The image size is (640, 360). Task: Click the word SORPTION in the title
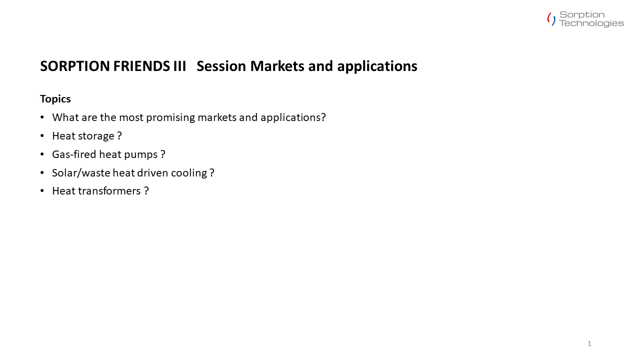(x=75, y=66)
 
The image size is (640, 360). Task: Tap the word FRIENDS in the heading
(x=141, y=66)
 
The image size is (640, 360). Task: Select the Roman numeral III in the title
(x=179, y=66)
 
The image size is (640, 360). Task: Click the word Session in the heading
(x=221, y=66)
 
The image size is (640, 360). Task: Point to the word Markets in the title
(x=277, y=66)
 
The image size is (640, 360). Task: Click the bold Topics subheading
(x=55, y=99)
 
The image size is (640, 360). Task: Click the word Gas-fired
(x=74, y=154)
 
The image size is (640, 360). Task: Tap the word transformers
(x=109, y=191)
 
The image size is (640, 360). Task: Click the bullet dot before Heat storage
(x=42, y=135)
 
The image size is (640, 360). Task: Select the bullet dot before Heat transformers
(x=42, y=190)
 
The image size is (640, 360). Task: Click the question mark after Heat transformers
(x=146, y=191)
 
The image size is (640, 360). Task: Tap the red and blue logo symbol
(x=551, y=19)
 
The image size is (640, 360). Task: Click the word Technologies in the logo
(x=591, y=23)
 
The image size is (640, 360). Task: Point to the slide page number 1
(x=589, y=343)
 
